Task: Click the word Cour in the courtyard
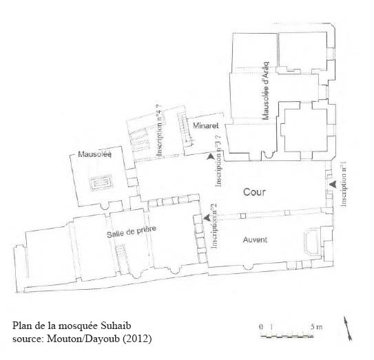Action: (254, 192)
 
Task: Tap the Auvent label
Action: (255, 240)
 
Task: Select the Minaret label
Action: (206, 125)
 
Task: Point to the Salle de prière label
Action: (132, 231)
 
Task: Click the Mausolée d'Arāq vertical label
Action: (265, 91)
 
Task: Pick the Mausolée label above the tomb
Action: (94, 154)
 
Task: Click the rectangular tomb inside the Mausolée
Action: (101, 183)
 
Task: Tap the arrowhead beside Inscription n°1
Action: (333, 184)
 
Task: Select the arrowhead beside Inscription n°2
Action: (207, 217)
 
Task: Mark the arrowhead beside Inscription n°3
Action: (210, 156)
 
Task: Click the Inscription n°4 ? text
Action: (160, 130)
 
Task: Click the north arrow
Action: (348, 328)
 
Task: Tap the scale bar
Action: (287, 336)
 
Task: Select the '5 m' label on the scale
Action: (316, 327)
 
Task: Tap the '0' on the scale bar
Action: (261, 327)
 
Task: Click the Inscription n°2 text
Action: (214, 226)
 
